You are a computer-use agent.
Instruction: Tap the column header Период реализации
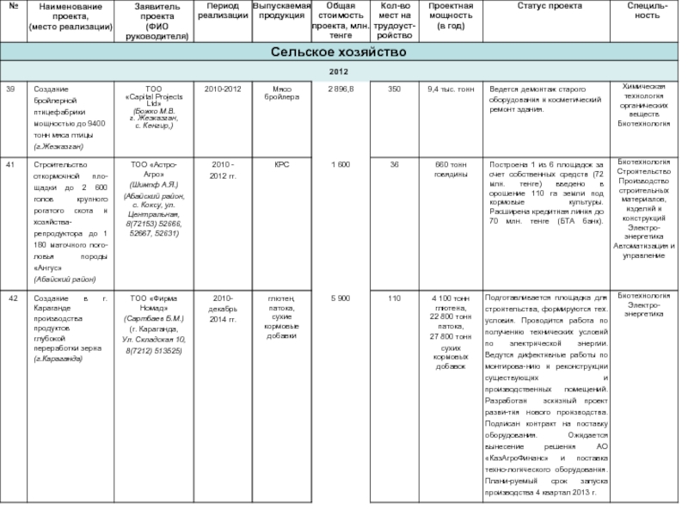coord(223,11)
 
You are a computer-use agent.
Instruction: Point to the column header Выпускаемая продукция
coord(280,11)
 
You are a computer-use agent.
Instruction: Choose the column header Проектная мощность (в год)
coord(451,16)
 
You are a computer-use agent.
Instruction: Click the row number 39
coord(10,89)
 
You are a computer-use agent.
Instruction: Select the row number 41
coord(10,163)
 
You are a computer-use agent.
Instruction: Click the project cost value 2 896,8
coord(341,89)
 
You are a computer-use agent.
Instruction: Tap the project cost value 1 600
coord(341,163)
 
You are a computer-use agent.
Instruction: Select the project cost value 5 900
coord(341,298)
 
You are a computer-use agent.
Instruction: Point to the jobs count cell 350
coord(394,89)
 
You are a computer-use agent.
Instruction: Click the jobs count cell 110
coord(394,298)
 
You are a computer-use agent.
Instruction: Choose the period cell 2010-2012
coord(223,89)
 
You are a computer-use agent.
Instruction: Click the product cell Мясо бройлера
coord(280,93)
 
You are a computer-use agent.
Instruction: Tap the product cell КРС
coord(281,163)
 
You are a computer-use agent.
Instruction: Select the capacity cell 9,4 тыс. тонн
coord(451,89)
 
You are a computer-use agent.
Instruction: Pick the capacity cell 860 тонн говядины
coord(451,168)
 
